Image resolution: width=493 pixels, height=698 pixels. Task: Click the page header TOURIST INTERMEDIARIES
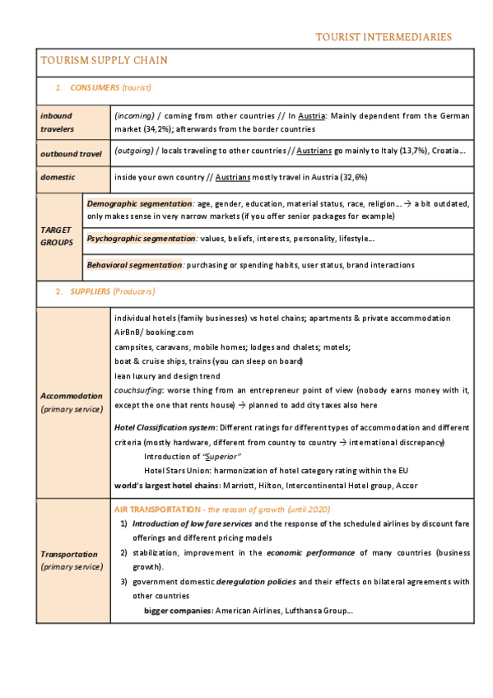pyautogui.click(x=384, y=37)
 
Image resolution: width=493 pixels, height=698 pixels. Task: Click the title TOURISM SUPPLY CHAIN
pyautogui.click(x=104, y=60)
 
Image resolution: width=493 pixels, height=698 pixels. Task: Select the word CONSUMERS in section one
pyautogui.click(x=95, y=87)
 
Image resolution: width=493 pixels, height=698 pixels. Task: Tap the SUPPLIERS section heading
pyautogui.click(x=93, y=291)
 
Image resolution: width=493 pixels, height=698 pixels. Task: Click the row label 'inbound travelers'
pyautogui.click(x=57, y=122)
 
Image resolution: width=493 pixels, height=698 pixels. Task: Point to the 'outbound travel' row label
pyautogui.click(x=72, y=153)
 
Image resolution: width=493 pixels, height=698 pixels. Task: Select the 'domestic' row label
pyautogui.click(x=58, y=177)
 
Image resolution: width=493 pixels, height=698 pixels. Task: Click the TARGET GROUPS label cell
pyautogui.click(x=57, y=236)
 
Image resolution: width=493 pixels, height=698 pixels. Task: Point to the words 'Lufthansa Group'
pyautogui.click(x=319, y=611)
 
